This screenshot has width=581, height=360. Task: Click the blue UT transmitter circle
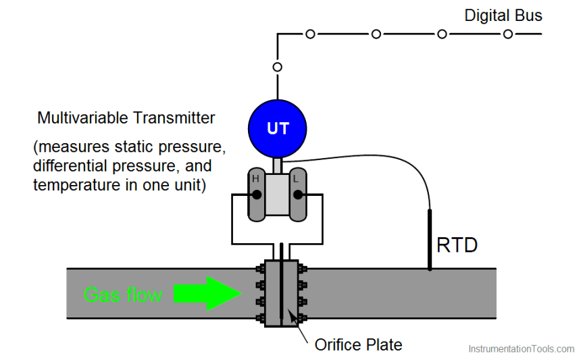click(278, 128)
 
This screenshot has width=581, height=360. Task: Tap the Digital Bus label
click(503, 16)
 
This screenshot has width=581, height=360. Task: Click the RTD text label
click(457, 245)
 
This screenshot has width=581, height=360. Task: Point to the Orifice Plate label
click(358, 344)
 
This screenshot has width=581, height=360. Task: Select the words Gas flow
click(123, 295)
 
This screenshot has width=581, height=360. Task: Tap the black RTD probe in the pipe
click(430, 240)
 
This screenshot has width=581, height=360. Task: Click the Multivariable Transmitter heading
click(126, 118)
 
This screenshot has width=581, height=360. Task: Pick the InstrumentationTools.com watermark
click(521, 349)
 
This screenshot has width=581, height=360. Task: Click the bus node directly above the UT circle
click(277, 67)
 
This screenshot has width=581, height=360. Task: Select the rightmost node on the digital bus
click(507, 34)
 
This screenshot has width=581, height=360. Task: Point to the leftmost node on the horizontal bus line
click(310, 34)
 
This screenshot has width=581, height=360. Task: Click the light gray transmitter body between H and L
click(276, 195)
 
